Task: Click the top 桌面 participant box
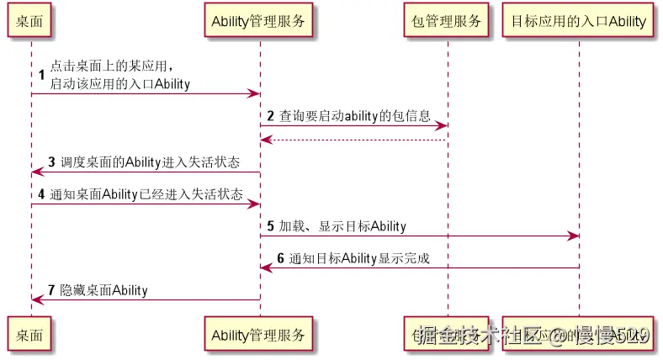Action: point(30,21)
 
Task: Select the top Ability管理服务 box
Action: point(259,21)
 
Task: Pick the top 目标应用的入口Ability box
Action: point(579,21)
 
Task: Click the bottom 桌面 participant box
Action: point(30,335)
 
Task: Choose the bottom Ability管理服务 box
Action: point(259,335)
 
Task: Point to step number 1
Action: point(41,75)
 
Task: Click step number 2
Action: point(270,114)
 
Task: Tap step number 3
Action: point(51,161)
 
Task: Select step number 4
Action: point(41,194)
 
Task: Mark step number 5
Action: point(270,226)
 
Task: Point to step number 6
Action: point(280,258)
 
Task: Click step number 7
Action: point(51,290)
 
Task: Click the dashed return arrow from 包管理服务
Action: point(353,140)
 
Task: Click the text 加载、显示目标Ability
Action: point(342,226)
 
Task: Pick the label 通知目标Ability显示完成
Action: point(359,258)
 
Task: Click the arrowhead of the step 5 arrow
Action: point(574,236)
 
